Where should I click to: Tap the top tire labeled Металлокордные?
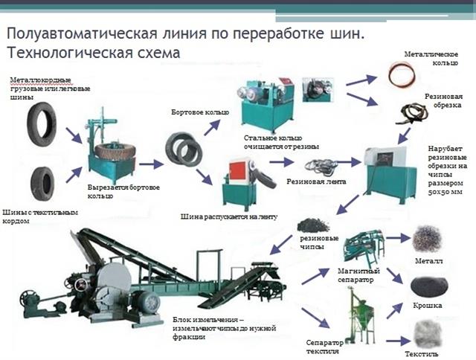[42, 123]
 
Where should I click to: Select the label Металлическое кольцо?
[430, 59]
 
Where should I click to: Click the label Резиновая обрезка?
[444, 100]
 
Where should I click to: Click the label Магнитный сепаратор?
[359, 275]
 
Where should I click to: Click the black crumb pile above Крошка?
[428, 286]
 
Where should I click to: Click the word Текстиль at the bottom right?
[428, 354]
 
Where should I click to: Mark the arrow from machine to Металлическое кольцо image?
[361, 80]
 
